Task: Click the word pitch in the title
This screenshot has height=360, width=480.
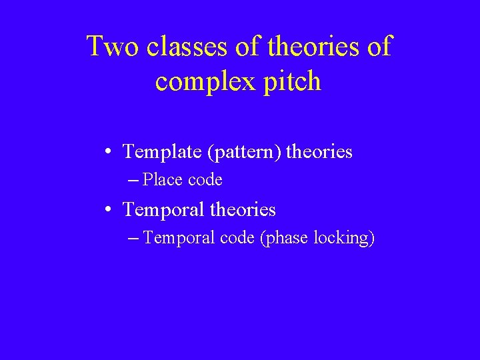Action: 291,82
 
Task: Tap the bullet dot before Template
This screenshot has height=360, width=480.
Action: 108,152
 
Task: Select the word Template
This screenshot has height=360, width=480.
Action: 163,152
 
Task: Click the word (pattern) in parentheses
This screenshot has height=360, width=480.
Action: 245,152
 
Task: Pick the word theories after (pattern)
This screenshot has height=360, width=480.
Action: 319,152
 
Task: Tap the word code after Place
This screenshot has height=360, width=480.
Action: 205,180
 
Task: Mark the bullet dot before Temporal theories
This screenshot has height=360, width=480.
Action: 108,211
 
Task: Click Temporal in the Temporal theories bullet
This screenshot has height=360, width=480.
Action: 164,211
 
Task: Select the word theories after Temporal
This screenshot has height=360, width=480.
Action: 243,211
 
